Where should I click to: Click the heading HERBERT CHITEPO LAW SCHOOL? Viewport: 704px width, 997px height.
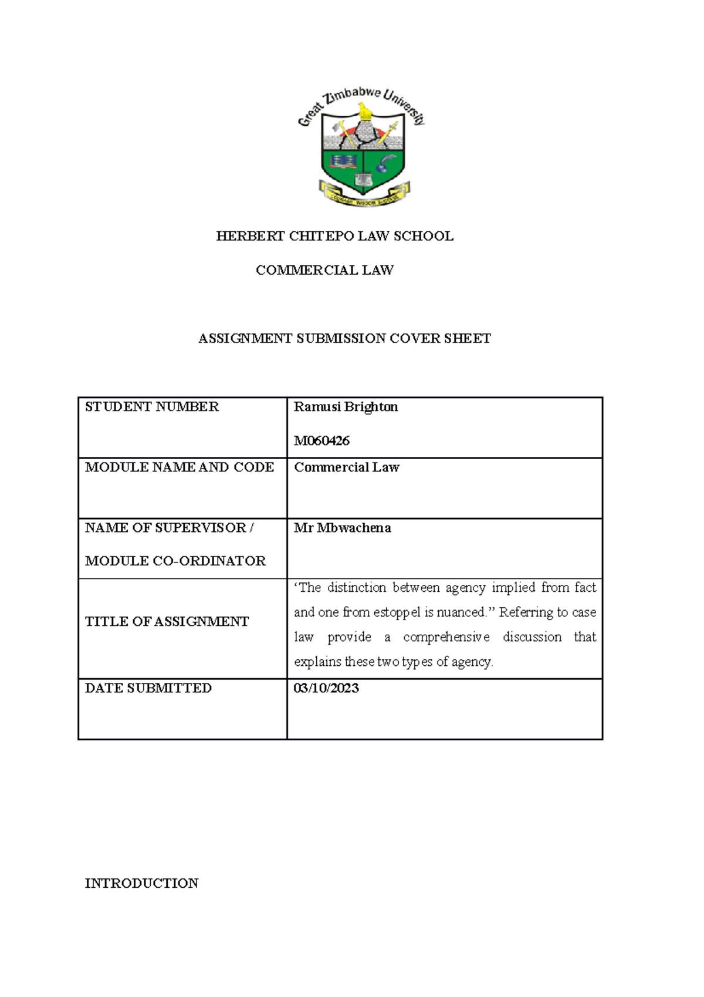[x=334, y=236]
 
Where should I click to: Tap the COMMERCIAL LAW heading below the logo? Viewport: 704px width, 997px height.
[x=324, y=270]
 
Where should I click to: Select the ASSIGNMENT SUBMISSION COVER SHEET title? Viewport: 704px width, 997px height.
[x=344, y=338]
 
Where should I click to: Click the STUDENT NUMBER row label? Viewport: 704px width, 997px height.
[x=151, y=407]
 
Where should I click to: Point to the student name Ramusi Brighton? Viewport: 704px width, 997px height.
[x=346, y=407]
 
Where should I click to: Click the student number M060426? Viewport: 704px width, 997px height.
[x=321, y=441]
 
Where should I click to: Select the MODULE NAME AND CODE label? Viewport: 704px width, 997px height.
[x=179, y=467]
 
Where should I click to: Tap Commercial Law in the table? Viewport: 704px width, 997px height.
[x=346, y=467]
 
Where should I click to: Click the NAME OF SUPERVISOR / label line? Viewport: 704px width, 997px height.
[x=169, y=528]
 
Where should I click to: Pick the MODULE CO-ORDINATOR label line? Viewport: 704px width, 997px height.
[x=175, y=561]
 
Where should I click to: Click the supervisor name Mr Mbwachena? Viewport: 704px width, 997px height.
[x=342, y=528]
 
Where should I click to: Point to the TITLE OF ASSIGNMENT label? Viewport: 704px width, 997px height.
[x=167, y=621]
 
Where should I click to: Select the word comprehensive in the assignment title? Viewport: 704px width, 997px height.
[x=446, y=637]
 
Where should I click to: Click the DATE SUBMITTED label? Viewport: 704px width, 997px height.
[x=148, y=688]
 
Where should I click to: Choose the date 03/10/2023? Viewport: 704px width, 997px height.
[x=326, y=688]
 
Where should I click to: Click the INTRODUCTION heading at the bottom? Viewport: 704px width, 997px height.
[x=141, y=883]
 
